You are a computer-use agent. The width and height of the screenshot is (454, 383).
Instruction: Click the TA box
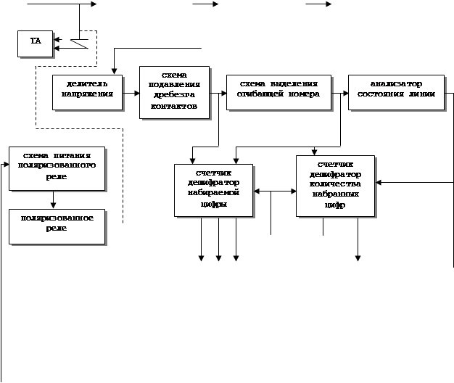(36, 44)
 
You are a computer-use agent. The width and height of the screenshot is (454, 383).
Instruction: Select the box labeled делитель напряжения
(87, 92)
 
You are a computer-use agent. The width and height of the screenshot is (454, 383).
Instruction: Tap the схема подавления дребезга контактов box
(174, 92)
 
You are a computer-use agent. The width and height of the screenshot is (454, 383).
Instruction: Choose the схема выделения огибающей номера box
(278, 92)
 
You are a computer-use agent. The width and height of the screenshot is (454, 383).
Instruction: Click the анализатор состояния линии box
(396, 92)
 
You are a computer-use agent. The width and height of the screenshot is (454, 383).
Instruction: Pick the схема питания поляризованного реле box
(57, 168)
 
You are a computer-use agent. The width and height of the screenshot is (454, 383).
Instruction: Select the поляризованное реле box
(57, 226)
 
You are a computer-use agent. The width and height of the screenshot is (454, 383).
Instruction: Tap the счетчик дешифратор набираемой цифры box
(213, 190)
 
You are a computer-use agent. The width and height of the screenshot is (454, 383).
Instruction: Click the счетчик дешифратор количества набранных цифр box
(335, 186)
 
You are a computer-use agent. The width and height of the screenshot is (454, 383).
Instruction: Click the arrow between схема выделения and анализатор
(339, 94)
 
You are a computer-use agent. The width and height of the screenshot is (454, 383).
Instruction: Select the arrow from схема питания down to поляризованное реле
(53, 199)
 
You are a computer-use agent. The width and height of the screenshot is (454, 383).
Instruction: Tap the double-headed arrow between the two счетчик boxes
(274, 191)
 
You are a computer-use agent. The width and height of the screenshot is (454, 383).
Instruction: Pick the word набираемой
(213, 194)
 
